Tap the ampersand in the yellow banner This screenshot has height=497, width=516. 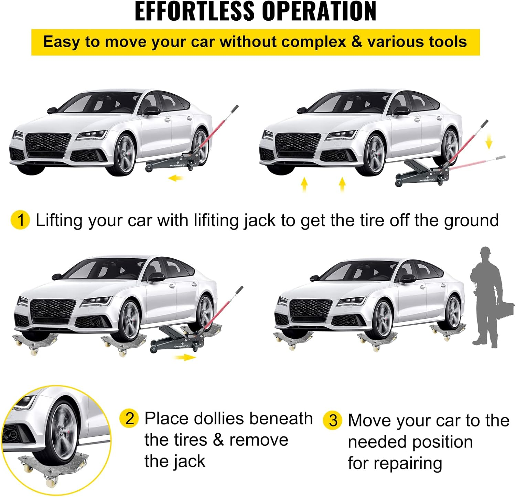click(x=357, y=42)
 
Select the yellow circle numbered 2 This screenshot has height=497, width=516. click(x=129, y=419)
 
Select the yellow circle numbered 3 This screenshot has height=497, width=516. click(x=333, y=421)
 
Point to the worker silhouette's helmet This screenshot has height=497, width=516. click(x=485, y=251)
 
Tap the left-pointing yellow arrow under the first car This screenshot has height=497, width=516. click(x=176, y=178)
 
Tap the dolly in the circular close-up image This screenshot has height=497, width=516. click(x=52, y=463)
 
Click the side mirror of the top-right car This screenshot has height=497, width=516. click(x=401, y=111)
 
